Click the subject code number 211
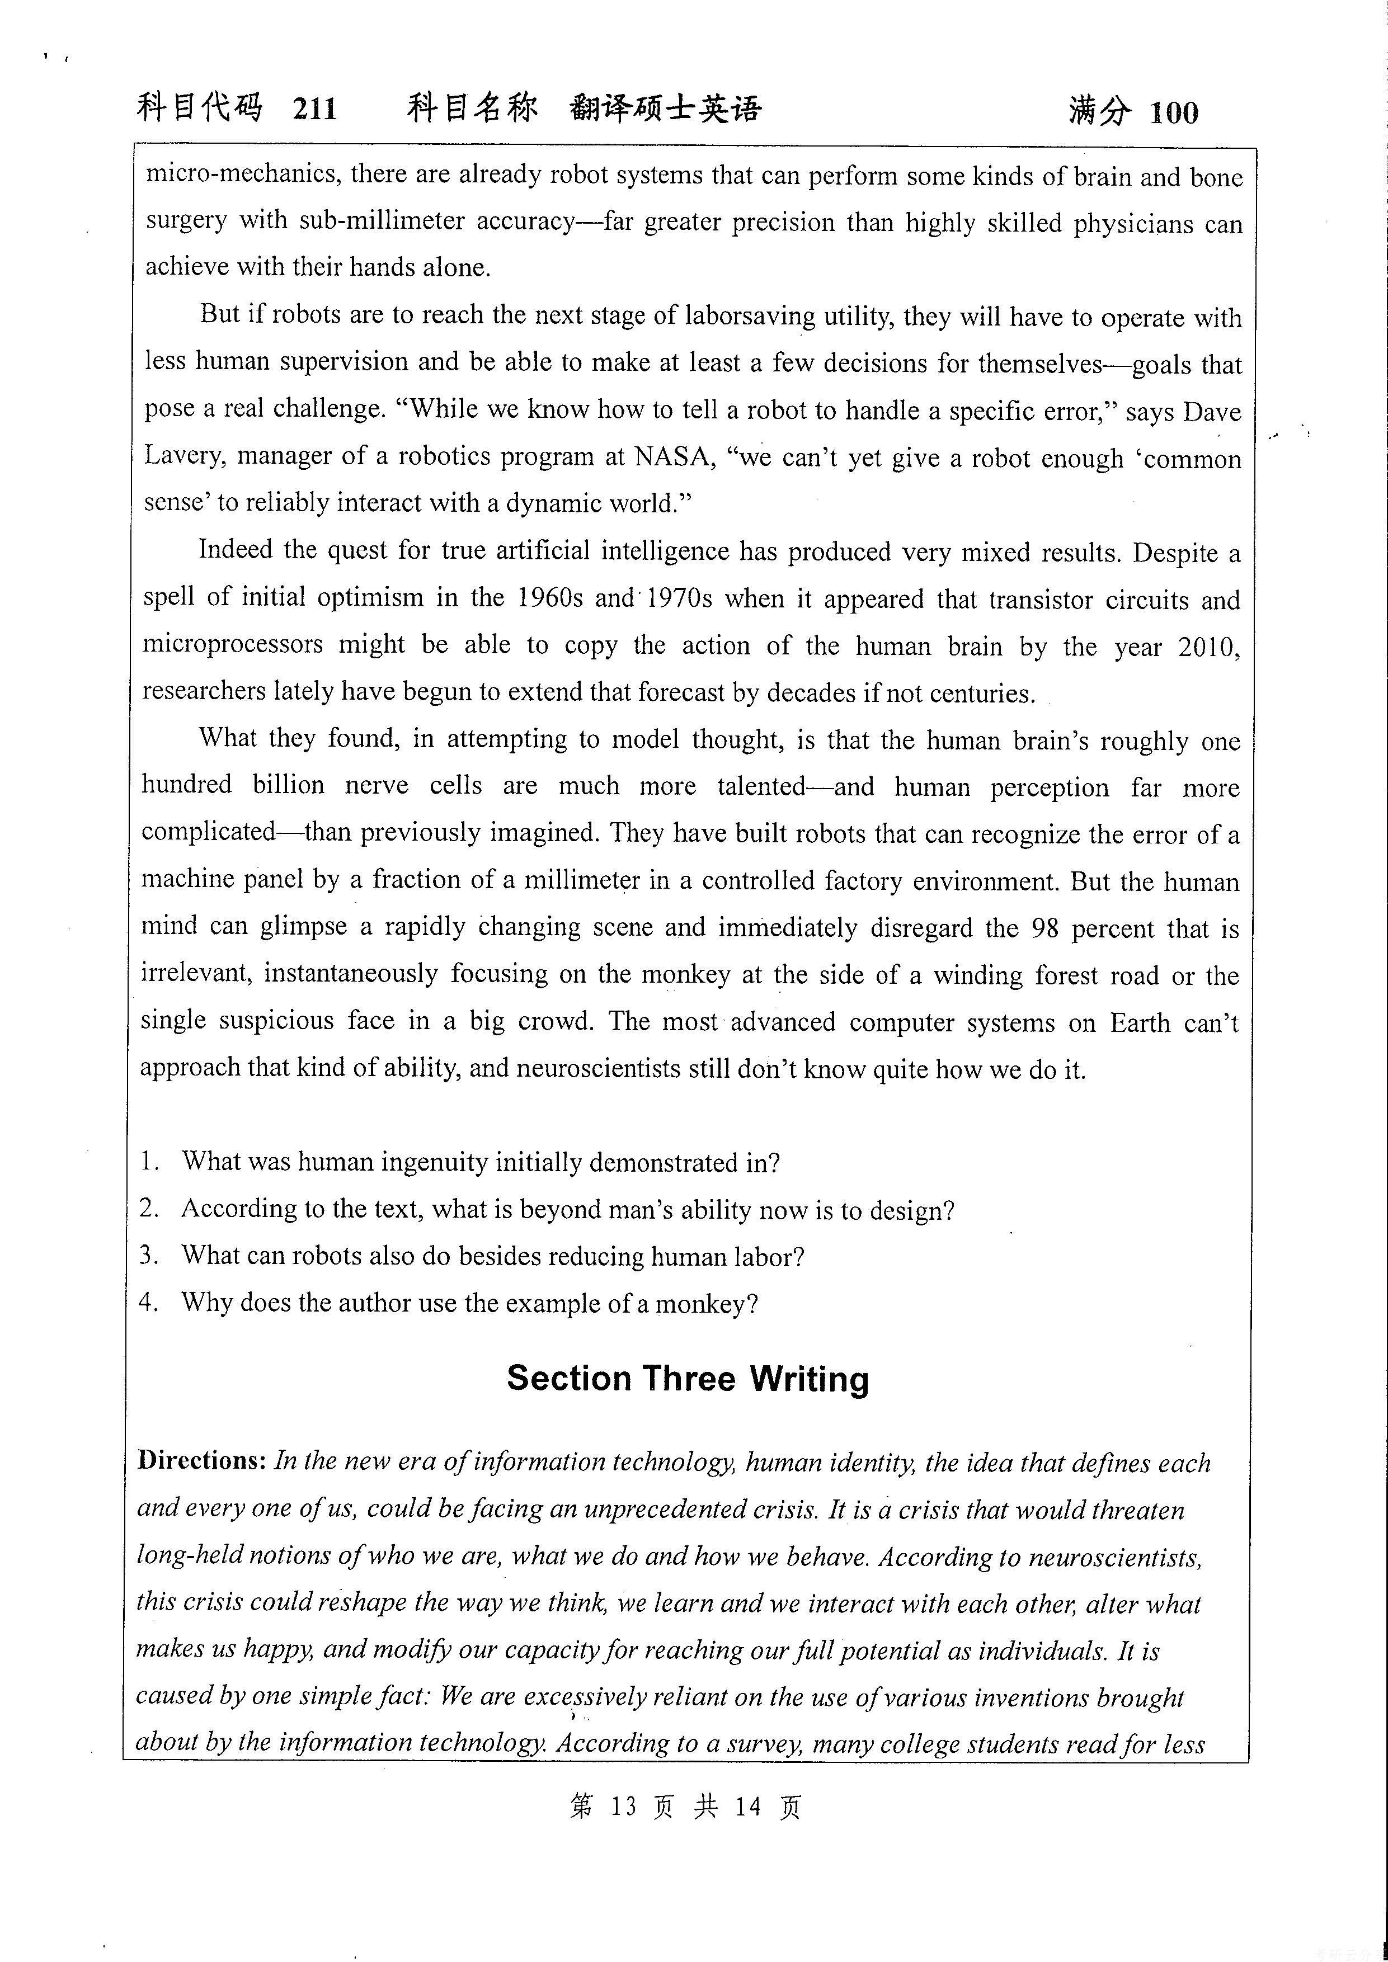click(x=314, y=110)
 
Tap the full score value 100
click(x=1174, y=113)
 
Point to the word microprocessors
click(x=233, y=644)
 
